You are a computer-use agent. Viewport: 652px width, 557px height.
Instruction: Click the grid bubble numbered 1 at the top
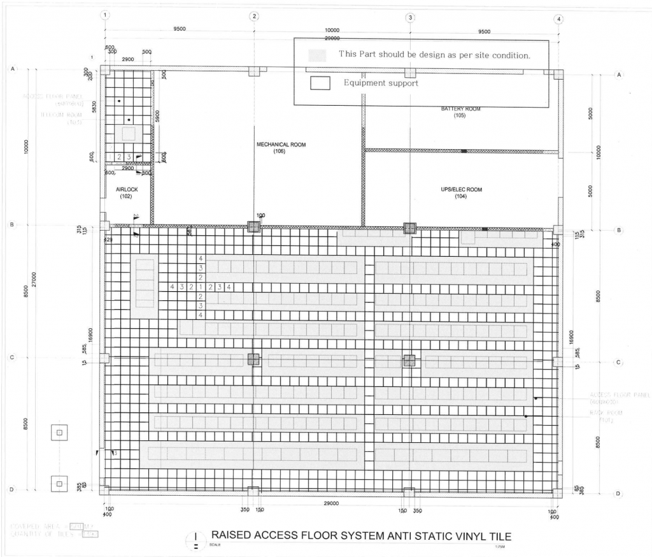pyautogui.click(x=105, y=15)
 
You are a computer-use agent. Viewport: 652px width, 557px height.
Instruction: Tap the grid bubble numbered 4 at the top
pyautogui.click(x=559, y=18)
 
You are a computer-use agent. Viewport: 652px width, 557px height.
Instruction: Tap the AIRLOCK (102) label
pyautogui.click(x=127, y=193)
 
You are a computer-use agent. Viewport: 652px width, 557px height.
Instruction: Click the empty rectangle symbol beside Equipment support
pyautogui.click(x=320, y=83)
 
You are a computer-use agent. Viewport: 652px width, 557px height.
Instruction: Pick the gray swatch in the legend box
pyautogui.click(x=316, y=55)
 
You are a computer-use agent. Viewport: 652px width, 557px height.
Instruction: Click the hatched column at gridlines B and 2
pyautogui.click(x=254, y=227)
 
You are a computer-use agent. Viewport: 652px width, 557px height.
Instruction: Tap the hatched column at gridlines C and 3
pyautogui.click(x=409, y=360)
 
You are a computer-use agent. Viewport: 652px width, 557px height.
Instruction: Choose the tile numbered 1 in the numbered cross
pyautogui.click(x=201, y=287)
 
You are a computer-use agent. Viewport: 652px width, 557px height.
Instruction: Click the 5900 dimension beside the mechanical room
pyautogui.click(x=157, y=115)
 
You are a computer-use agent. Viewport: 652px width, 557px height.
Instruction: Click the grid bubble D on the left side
pyautogui.click(x=11, y=489)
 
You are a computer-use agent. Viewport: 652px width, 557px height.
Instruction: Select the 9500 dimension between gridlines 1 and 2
pyautogui.click(x=180, y=30)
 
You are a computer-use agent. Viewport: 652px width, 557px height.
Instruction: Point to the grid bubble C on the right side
pyautogui.click(x=618, y=362)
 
